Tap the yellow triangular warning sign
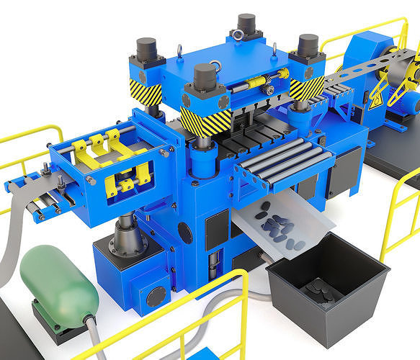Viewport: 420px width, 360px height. click(376, 102)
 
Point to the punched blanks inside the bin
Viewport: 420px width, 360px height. click(320, 290)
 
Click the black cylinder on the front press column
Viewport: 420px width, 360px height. click(205, 76)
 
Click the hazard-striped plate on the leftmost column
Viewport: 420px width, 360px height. click(146, 92)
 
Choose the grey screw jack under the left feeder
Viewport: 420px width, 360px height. click(128, 237)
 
